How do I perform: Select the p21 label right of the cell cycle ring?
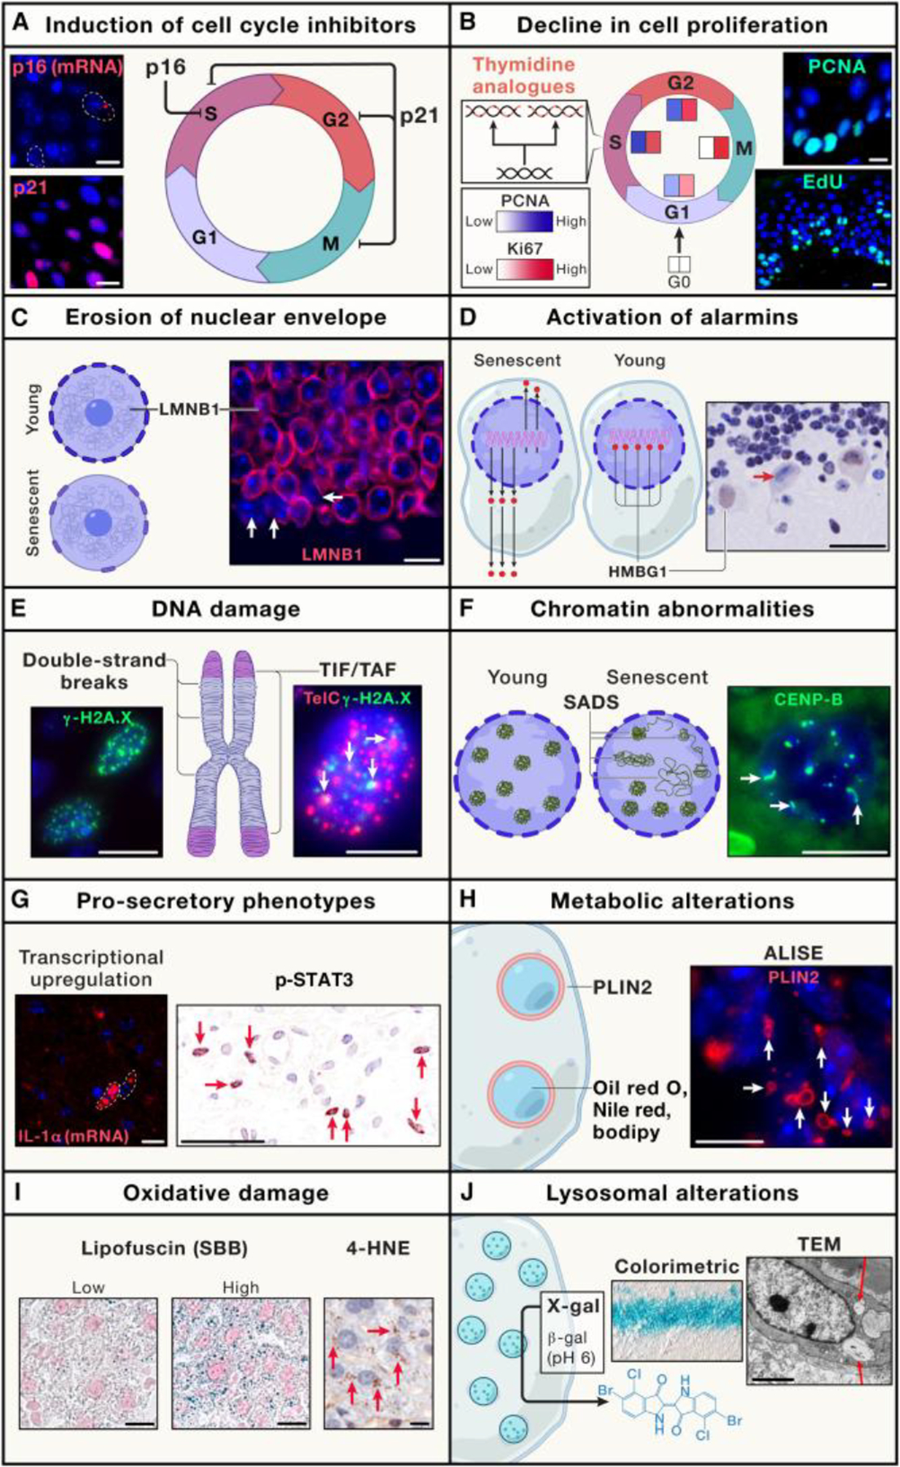tap(419, 117)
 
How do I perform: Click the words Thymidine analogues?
tap(524, 75)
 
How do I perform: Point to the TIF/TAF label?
tap(358, 671)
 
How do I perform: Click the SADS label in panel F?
tap(602, 702)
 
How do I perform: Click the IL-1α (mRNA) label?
tap(74, 1134)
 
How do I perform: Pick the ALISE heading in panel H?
tap(793, 953)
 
